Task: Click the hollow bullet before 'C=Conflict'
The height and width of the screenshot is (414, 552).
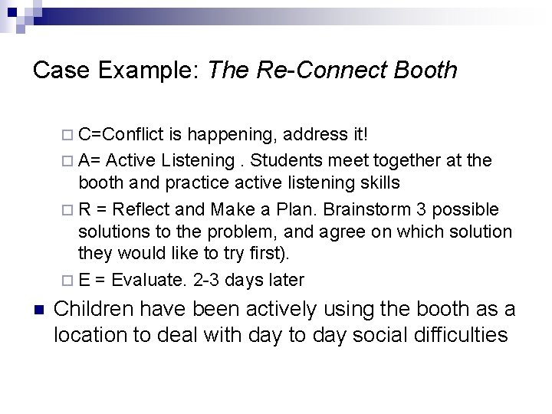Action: click(x=69, y=136)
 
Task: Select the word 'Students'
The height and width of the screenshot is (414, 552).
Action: click(x=288, y=160)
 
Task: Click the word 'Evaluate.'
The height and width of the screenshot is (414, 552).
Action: click(x=148, y=281)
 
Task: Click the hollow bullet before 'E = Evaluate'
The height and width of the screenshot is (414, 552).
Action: click(x=69, y=281)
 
